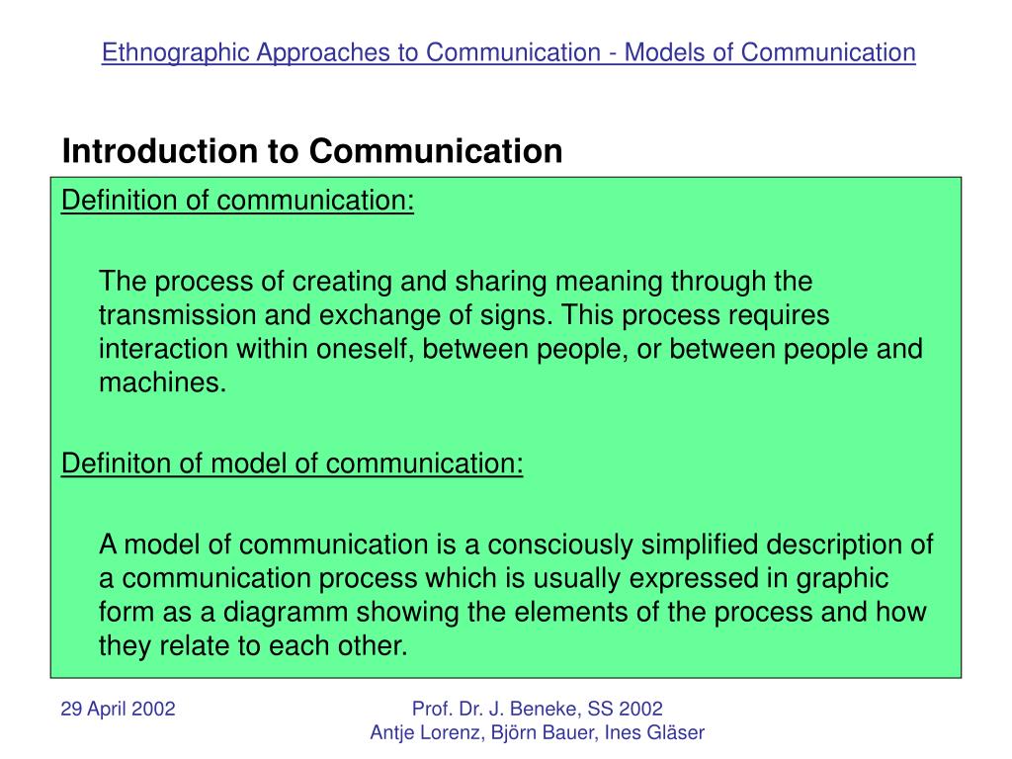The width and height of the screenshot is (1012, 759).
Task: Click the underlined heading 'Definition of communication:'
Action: coord(237,201)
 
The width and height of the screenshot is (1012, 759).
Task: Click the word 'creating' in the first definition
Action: coord(342,282)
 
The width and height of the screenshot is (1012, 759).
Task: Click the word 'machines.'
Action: coord(163,382)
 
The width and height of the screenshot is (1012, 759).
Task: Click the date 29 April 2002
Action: coord(118,709)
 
